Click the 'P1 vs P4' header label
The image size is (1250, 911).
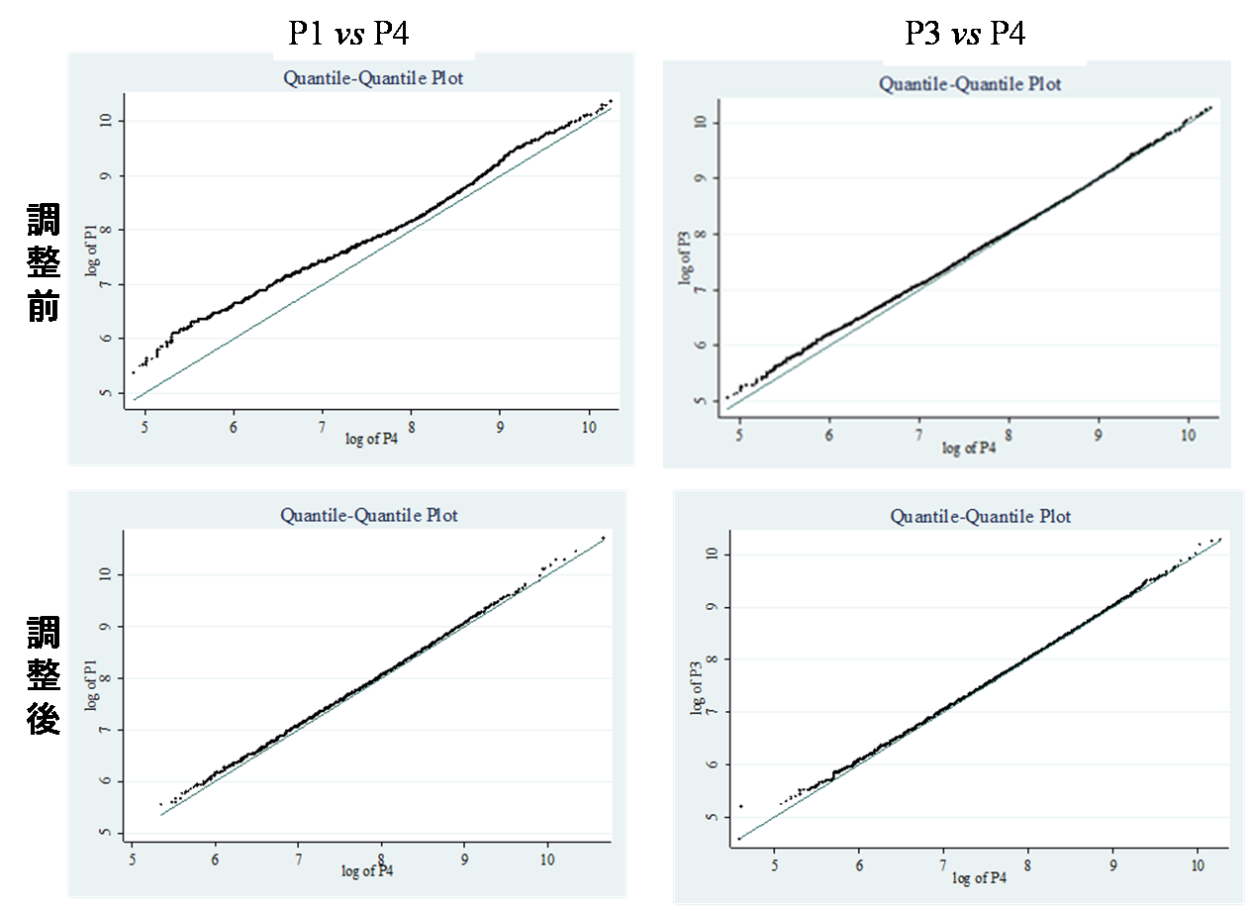point(348,34)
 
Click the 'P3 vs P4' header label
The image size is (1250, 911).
point(965,35)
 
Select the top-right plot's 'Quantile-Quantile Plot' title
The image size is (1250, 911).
point(970,84)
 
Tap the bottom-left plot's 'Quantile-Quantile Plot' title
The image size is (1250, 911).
point(369,515)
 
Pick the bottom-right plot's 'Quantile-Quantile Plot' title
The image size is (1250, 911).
point(981,516)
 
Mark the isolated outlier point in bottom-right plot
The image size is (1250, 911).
point(741,806)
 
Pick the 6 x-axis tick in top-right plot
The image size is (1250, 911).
point(828,434)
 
